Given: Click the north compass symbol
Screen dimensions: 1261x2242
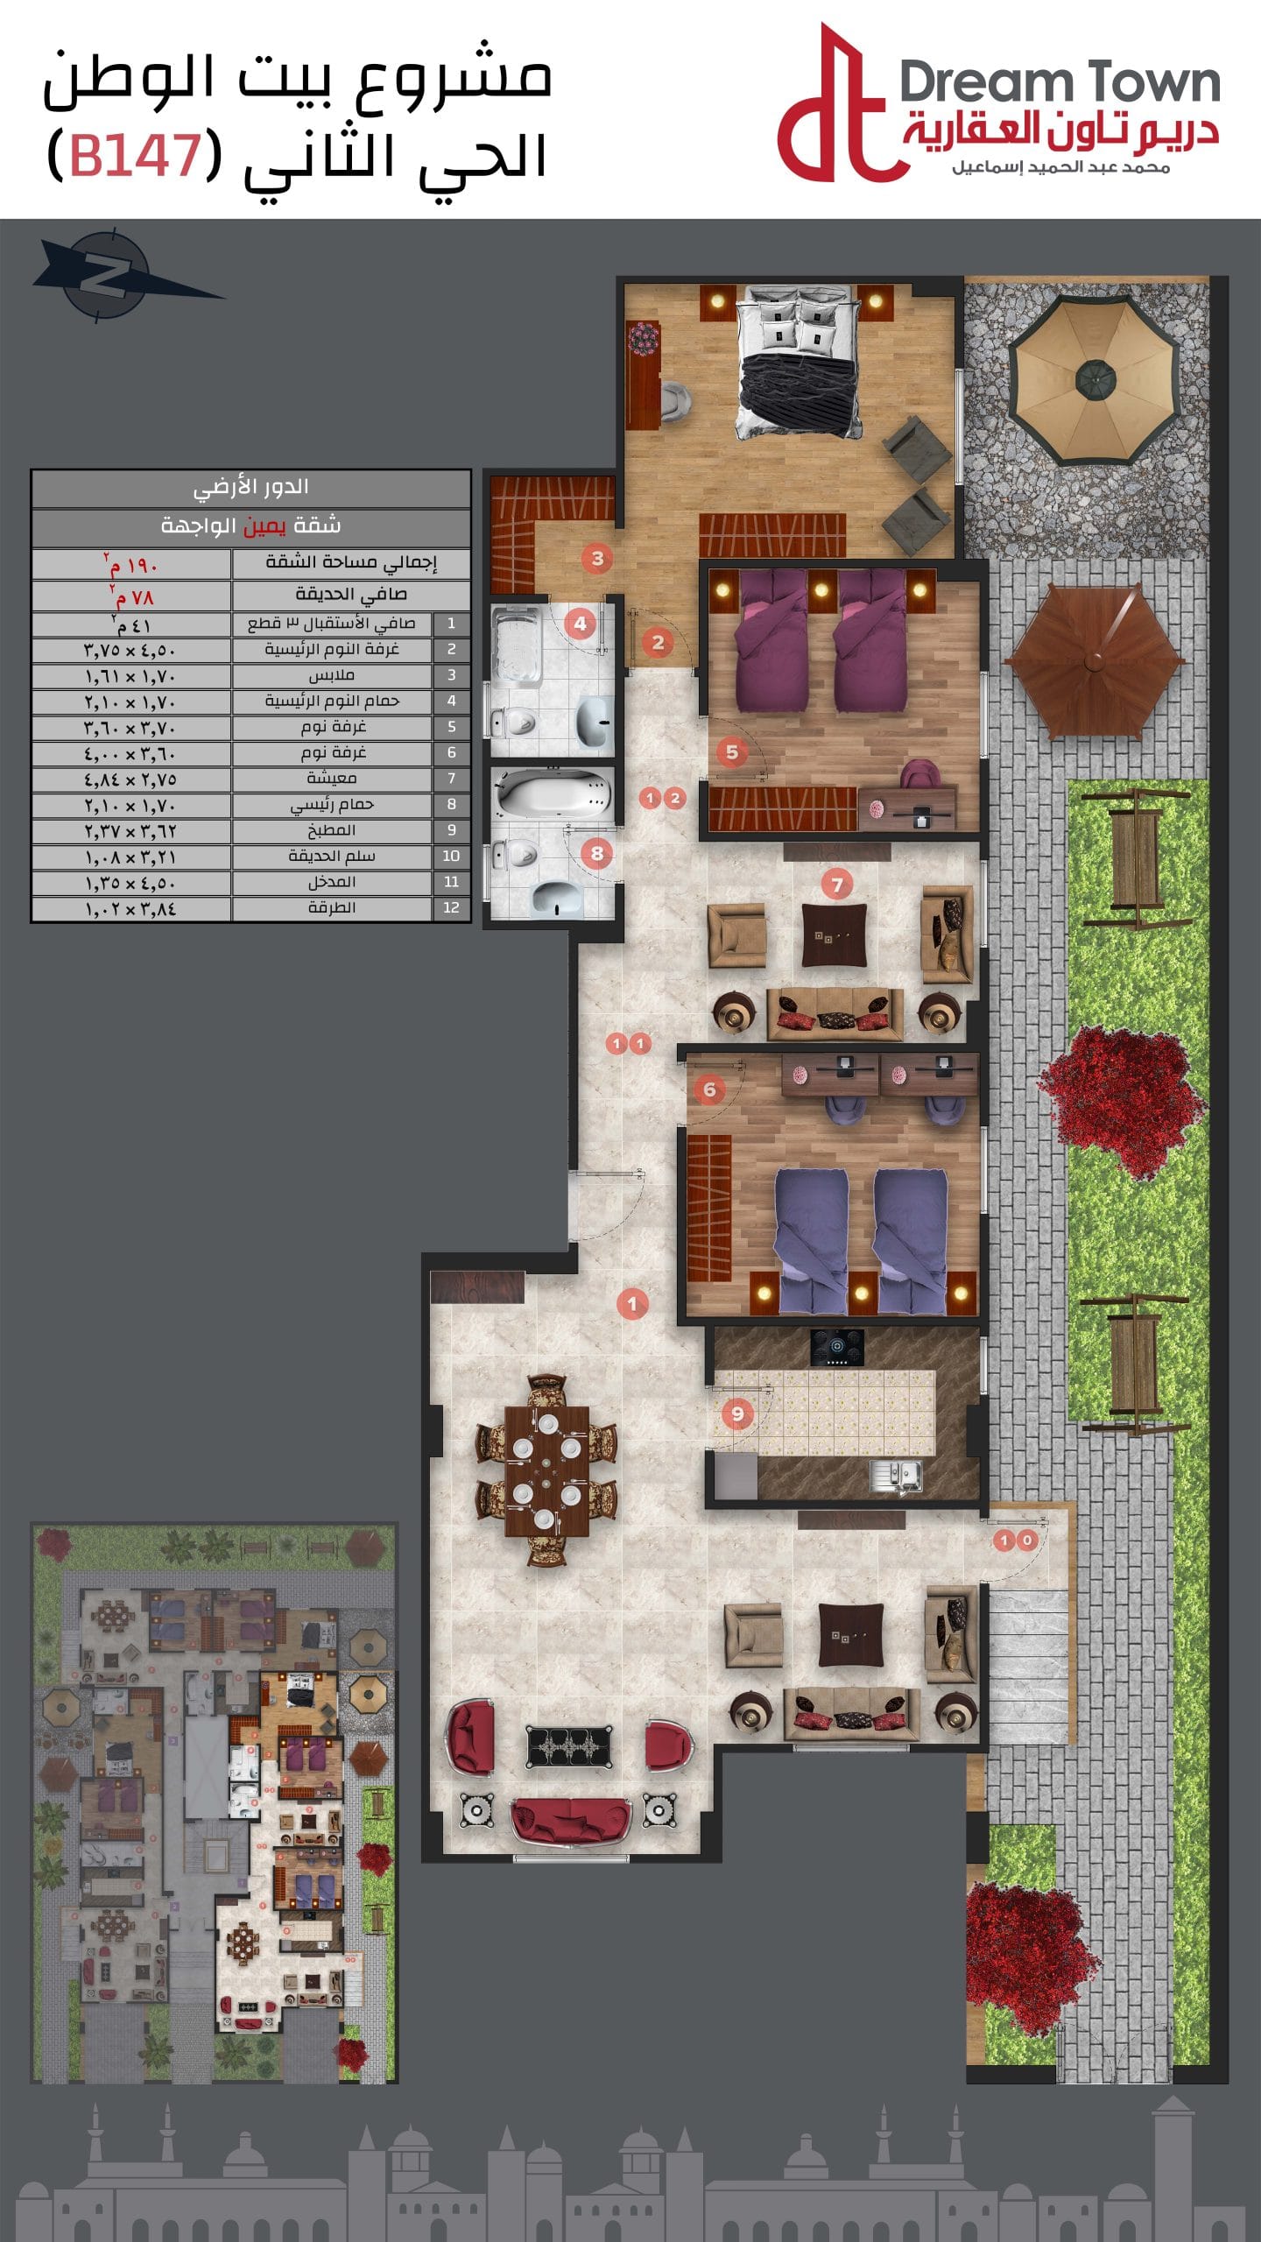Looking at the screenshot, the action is [x=109, y=275].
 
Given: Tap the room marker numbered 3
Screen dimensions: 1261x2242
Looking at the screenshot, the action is [x=597, y=558].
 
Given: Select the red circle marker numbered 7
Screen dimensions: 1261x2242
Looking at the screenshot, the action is [x=837, y=885].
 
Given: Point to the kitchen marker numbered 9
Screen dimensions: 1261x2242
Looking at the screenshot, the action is [x=737, y=1413].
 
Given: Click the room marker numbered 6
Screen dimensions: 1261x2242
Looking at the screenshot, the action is [x=709, y=1089].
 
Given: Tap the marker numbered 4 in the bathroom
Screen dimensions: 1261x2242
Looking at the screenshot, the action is [x=580, y=624].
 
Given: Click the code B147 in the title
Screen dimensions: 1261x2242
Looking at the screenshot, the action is [x=135, y=154].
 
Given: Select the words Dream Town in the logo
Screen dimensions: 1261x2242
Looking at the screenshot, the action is [x=1060, y=83].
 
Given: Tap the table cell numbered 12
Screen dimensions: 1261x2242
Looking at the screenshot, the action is [x=451, y=908].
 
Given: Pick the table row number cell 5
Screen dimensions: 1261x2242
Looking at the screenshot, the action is [x=451, y=727].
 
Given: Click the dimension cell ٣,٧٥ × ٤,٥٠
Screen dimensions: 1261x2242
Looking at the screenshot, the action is [x=130, y=650].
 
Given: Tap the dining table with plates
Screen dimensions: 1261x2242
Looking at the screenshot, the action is [x=547, y=1464].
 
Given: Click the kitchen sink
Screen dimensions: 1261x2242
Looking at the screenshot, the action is [x=895, y=1476].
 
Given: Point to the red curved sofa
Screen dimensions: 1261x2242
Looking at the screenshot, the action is [x=571, y=1819].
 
